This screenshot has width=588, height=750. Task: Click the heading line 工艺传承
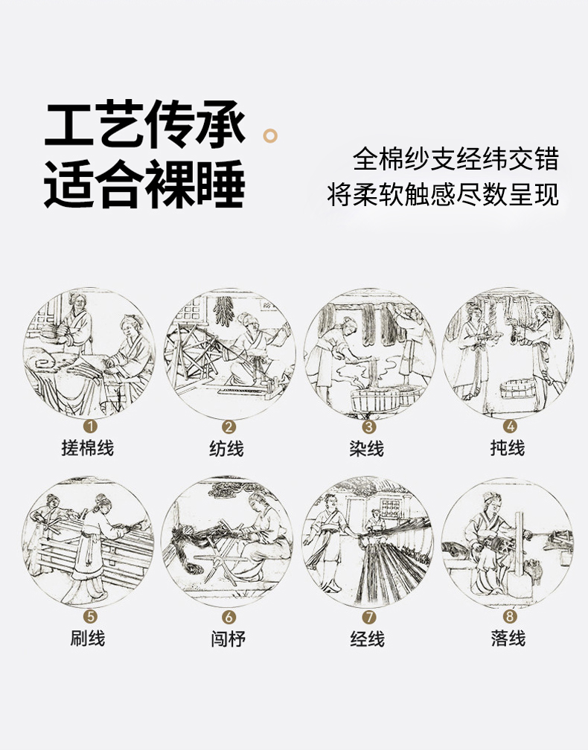click(x=144, y=124)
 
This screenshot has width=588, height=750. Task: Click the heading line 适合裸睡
click(x=144, y=184)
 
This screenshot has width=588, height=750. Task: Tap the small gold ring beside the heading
click(x=270, y=136)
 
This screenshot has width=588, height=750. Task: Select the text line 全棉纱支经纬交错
click(x=456, y=159)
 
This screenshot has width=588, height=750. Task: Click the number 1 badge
click(x=90, y=426)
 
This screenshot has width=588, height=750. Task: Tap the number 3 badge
click(x=369, y=426)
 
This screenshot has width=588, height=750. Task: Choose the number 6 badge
click(x=229, y=617)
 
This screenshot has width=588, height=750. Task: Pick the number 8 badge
click(x=509, y=616)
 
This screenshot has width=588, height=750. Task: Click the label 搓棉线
click(x=88, y=448)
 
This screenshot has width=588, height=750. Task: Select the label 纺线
click(x=226, y=449)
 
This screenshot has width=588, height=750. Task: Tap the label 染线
click(x=366, y=449)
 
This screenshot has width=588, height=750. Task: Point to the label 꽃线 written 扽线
click(x=507, y=448)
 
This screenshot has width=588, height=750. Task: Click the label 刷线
click(x=88, y=638)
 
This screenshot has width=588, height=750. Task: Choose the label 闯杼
click(x=229, y=639)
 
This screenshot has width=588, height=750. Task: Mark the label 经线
click(x=368, y=639)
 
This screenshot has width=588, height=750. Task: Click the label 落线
click(x=508, y=638)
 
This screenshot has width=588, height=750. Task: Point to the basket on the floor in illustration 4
click(x=518, y=388)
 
